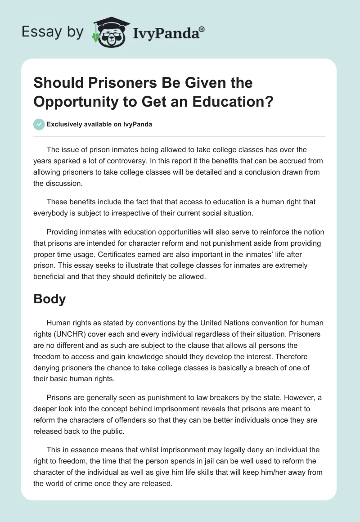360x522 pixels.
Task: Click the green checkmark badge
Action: point(39,124)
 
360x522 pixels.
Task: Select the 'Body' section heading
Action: point(49,299)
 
